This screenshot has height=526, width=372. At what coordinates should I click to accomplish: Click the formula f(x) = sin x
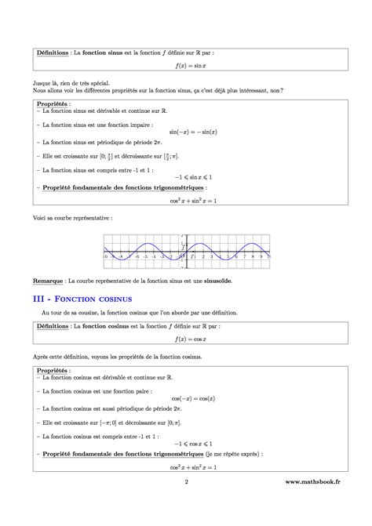(186, 67)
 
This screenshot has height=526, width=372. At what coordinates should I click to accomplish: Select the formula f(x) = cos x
(186, 340)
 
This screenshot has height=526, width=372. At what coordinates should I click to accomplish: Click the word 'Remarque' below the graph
(49, 280)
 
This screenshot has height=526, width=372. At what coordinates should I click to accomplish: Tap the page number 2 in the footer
(186, 505)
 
